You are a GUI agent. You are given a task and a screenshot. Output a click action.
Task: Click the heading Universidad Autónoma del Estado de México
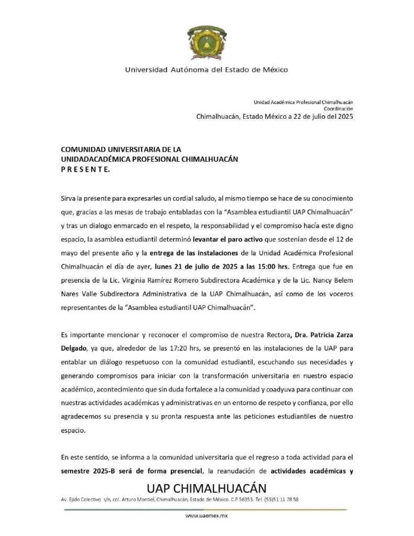point(206,69)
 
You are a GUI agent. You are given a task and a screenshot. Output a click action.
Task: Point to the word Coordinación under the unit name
point(338,108)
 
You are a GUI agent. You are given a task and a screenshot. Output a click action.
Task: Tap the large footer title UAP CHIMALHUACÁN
point(206,488)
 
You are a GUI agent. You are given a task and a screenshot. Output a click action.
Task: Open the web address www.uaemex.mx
point(206,516)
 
